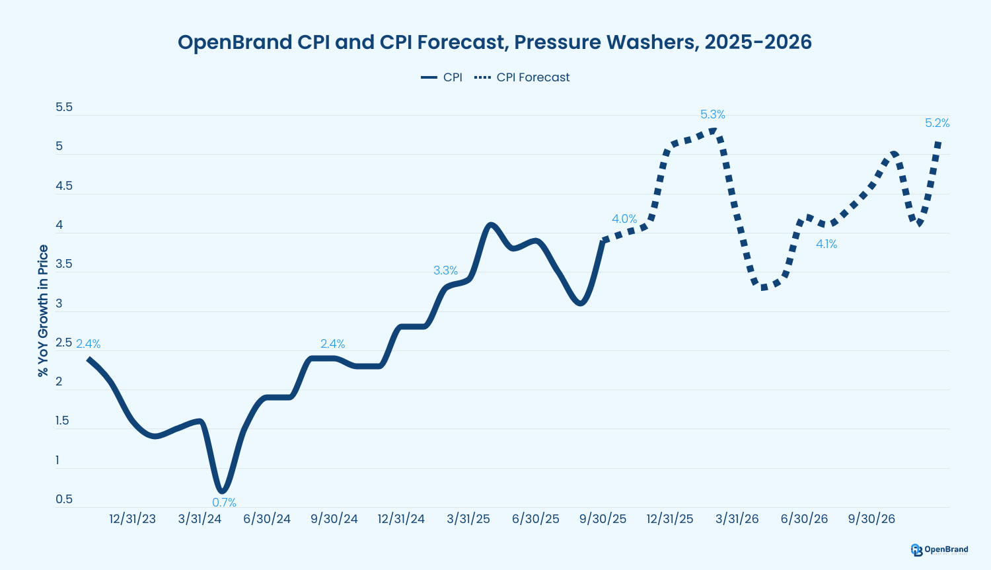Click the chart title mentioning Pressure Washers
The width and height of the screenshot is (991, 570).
click(494, 42)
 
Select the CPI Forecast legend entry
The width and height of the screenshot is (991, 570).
click(522, 77)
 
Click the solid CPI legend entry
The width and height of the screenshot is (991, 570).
click(442, 77)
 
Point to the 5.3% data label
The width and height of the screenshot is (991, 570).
click(712, 114)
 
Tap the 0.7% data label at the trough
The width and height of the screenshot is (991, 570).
click(224, 503)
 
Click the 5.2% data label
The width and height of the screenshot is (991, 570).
click(937, 123)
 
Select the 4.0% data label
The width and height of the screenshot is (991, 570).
click(624, 219)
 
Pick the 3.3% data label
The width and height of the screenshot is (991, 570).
click(445, 270)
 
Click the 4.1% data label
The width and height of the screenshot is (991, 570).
click(826, 244)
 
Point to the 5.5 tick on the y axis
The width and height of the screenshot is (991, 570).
click(64, 107)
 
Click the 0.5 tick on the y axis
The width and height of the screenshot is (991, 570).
click(64, 499)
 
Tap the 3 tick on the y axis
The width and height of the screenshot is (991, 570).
click(59, 304)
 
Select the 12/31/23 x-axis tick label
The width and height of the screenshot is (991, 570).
click(133, 519)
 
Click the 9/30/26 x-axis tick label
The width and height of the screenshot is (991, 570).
click(871, 519)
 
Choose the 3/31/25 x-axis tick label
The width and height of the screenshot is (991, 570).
click(468, 519)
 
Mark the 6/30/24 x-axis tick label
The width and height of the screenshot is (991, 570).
click(267, 519)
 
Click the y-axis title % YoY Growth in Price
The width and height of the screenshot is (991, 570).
click(44, 311)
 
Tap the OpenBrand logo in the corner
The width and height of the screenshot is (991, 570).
click(939, 550)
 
